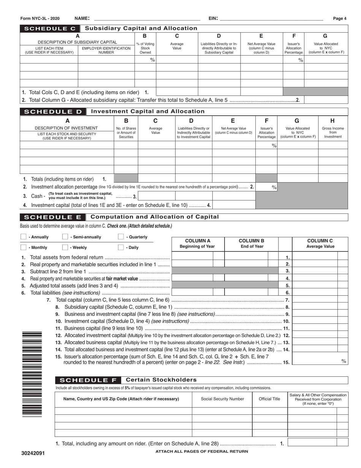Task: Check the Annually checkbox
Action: click(23, 237)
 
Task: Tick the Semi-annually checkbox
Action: click(65, 237)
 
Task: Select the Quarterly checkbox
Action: click(121, 237)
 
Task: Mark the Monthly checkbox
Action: click(23, 247)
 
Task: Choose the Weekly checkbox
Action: click(65, 247)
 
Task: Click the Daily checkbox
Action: click(121, 247)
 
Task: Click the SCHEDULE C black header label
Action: click(50, 29)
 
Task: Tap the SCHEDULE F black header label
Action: click(88, 380)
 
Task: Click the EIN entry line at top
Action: click(271, 18)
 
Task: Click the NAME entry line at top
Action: click(147, 18)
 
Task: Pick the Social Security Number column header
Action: click(222, 399)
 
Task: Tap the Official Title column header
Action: click(269, 399)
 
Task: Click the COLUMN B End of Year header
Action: click(251, 244)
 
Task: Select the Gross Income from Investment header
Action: click(333, 132)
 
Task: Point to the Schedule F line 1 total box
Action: click(318, 442)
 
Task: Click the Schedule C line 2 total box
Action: click(326, 100)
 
